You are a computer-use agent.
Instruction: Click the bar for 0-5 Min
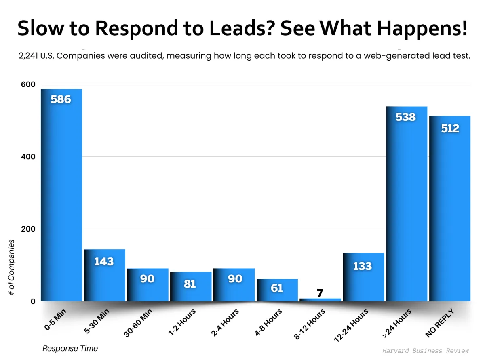point(61,194)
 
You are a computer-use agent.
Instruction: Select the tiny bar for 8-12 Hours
point(320,300)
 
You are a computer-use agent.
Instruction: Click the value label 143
point(104,261)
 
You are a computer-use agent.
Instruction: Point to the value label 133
point(362,266)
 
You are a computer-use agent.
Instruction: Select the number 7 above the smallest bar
point(320,293)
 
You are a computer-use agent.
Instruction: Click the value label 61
point(277,288)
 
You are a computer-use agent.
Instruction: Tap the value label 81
point(190,284)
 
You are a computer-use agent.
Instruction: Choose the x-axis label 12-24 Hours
point(351,326)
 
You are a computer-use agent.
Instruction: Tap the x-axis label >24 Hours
point(397,324)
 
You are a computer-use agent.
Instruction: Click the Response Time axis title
point(70,348)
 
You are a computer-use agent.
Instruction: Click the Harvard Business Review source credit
point(425,350)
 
